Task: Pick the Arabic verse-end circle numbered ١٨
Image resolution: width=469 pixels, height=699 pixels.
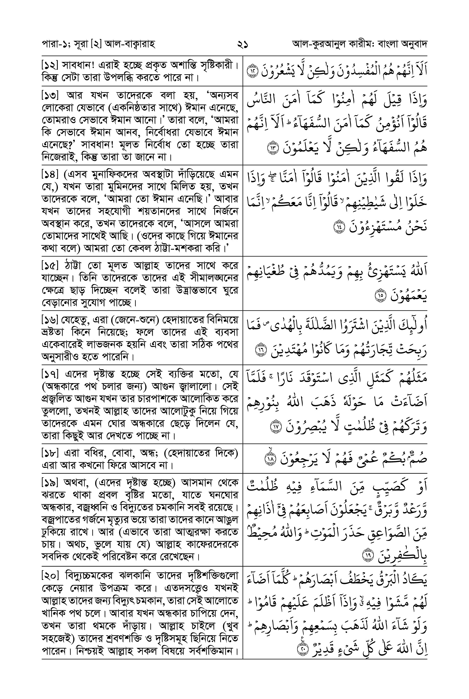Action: pyautogui.click(x=271, y=459)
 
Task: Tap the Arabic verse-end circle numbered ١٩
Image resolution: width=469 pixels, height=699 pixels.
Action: pyautogui.click(x=367, y=556)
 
